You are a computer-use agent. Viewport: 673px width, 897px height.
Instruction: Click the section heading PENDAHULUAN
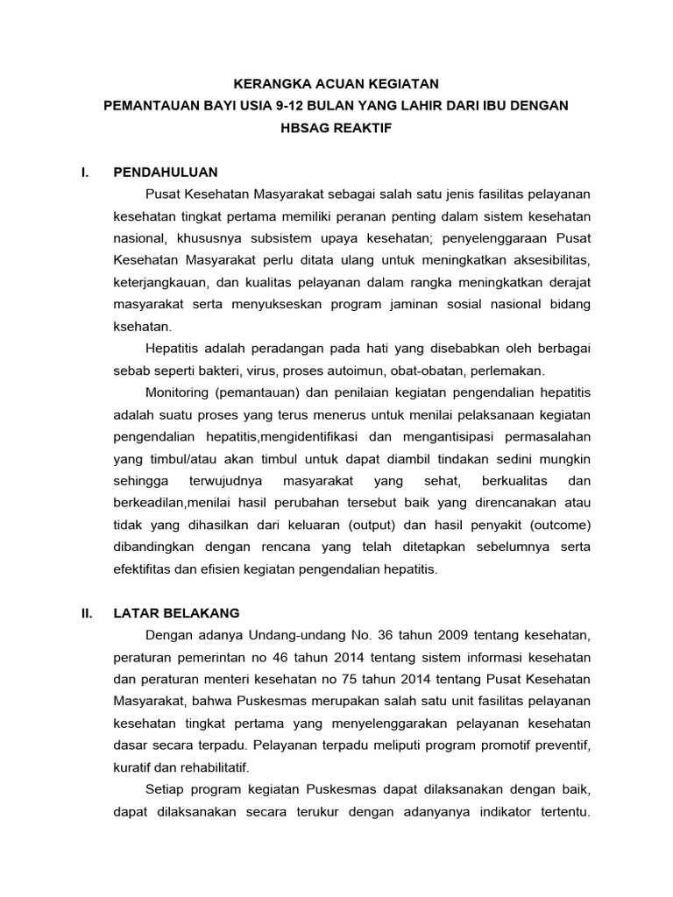pyautogui.click(x=166, y=172)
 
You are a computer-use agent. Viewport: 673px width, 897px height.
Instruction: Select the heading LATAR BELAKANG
pyautogui.click(x=176, y=612)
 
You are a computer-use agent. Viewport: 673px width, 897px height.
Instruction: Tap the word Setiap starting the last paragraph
pyautogui.click(x=166, y=789)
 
